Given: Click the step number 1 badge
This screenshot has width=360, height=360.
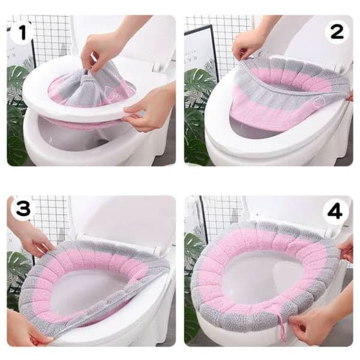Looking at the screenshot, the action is click(x=22, y=32).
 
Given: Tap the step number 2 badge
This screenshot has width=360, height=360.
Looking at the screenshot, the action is click(x=337, y=32).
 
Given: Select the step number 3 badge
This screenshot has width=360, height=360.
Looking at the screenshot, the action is click(x=23, y=208).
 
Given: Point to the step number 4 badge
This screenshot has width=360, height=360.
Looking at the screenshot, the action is click(x=335, y=212).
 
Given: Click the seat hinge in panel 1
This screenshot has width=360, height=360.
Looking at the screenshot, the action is click(x=158, y=67).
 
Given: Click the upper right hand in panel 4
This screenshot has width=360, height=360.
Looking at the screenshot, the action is click(x=346, y=248).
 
